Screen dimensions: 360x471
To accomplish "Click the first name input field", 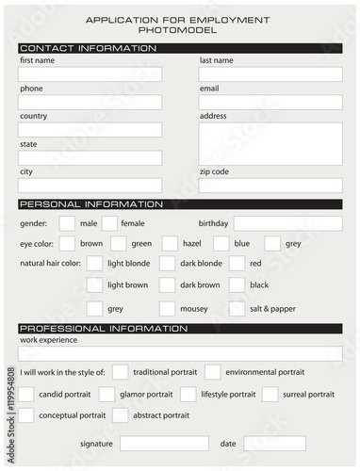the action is pos(90,74).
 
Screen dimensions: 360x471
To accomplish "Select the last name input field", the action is pos(270,74).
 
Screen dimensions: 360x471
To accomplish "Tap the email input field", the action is pos(270,103).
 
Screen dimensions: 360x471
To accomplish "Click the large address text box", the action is pos(270,143).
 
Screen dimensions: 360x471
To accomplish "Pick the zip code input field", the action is pos(270,186).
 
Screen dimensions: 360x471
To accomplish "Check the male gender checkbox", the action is pos(67,223).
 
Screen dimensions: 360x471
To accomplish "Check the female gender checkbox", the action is pos(109,223).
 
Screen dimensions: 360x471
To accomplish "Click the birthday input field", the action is pos(287,223).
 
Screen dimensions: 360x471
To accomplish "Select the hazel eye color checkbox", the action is pos(170,244).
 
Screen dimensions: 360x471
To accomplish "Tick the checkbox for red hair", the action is pos(237,264).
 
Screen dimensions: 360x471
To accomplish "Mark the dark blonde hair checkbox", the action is pos(167,264).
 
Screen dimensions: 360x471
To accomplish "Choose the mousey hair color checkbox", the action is pos(167,308).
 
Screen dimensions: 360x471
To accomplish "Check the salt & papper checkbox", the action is pos(237,308).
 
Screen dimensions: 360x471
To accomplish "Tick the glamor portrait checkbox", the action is pos(106,394).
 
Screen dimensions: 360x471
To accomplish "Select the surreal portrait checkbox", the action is pos(270,394).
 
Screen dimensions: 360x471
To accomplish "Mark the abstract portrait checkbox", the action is pos(120,414).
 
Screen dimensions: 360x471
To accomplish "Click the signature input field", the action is pos(164,444).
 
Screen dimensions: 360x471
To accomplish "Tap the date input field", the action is pos(274,444).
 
